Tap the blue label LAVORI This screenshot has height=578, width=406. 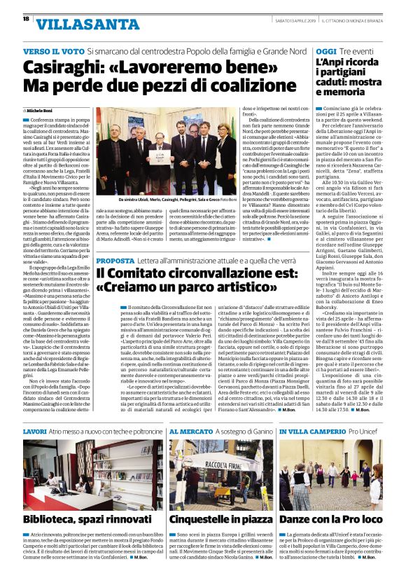coord(35,433)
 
